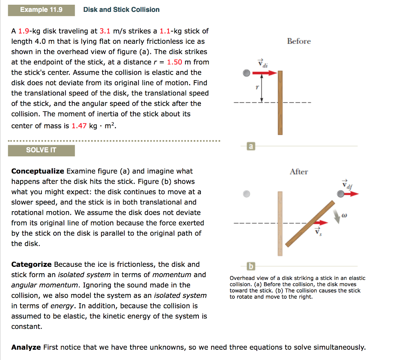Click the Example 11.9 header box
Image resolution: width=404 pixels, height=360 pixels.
click(x=41, y=9)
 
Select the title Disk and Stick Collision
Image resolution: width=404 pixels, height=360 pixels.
click(x=122, y=9)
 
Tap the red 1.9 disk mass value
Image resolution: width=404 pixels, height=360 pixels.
click(x=24, y=31)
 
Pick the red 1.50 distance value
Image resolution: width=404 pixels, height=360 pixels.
click(x=174, y=62)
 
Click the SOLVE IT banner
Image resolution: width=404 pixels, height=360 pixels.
click(x=41, y=150)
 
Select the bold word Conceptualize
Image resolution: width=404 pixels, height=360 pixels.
click(x=37, y=171)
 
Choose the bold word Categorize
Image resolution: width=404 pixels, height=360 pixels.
click(x=31, y=264)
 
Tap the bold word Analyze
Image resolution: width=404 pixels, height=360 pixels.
click(x=26, y=347)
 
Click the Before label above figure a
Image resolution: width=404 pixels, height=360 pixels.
click(x=299, y=41)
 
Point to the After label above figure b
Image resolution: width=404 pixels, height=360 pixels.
click(x=299, y=172)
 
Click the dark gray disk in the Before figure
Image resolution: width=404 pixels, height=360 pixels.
click(x=247, y=73)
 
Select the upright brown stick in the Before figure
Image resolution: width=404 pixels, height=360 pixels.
click(x=280, y=103)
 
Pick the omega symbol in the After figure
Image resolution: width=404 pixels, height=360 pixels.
click(x=344, y=216)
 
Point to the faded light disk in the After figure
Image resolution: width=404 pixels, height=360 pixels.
click(x=247, y=194)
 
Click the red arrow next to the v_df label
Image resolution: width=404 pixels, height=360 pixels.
click(x=352, y=194)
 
